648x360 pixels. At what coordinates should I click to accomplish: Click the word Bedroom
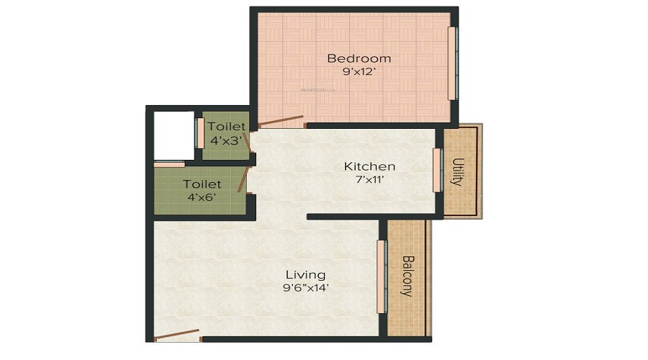359,58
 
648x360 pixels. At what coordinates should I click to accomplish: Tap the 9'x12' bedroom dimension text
359,71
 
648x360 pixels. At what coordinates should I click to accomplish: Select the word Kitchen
369,166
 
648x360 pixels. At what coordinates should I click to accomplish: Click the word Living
305,274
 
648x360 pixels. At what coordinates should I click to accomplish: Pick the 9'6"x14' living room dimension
305,288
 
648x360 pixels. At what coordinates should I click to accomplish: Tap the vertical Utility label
456,172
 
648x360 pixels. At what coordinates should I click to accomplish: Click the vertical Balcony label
407,276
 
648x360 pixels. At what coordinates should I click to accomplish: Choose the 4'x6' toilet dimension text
202,197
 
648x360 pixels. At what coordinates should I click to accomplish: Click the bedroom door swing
281,120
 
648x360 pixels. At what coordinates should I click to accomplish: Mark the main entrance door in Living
177,334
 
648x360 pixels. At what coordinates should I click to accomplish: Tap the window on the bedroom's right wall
452,63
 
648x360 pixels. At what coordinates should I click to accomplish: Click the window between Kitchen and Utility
436,170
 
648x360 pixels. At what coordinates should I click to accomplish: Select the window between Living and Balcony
381,276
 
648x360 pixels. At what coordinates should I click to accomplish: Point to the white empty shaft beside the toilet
174,135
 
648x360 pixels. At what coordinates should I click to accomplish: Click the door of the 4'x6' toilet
245,179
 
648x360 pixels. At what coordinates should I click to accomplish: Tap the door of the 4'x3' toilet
247,141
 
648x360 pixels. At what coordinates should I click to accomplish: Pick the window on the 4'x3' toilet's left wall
199,133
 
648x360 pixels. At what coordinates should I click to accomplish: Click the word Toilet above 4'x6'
202,184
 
